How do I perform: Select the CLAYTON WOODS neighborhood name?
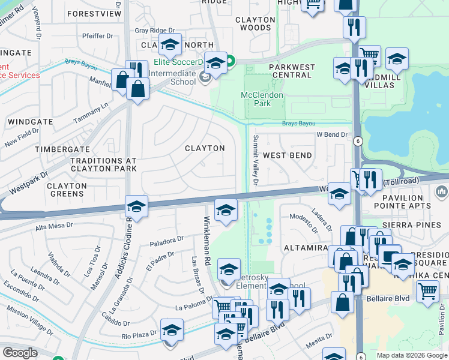pyautogui.click(x=255, y=23)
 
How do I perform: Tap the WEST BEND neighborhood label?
pyautogui.click(x=288, y=155)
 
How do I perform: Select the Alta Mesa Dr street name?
pyautogui.click(x=55, y=226)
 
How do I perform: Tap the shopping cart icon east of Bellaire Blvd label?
pyautogui.click(x=427, y=292)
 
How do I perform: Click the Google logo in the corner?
pyautogui.click(x=20, y=353)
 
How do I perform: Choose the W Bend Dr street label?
pyautogui.click(x=332, y=134)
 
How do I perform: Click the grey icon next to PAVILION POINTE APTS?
pyautogui.click(x=442, y=192)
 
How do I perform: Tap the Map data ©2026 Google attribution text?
pyautogui.click(x=411, y=355)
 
